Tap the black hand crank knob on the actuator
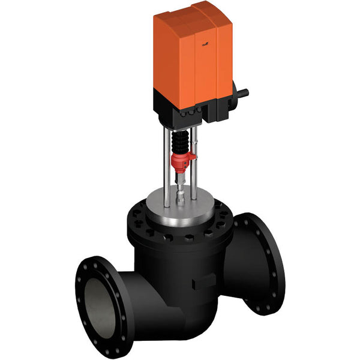pos(242,93)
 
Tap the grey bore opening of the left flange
pos(99,300)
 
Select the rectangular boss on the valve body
pos(203,281)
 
